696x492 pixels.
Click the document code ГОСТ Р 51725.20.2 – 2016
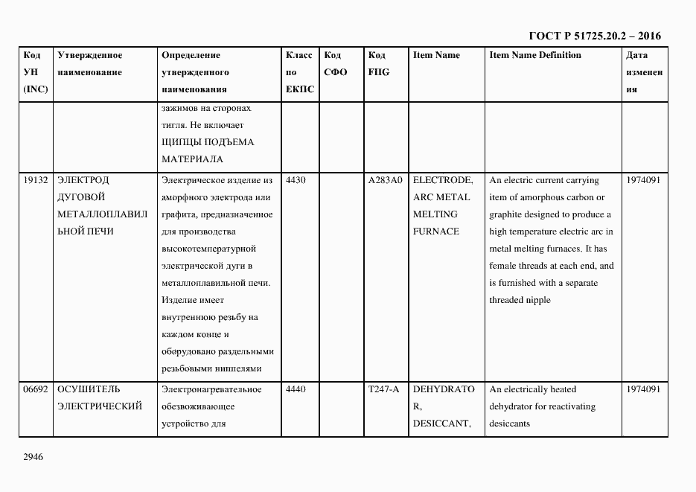[x=595, y=36]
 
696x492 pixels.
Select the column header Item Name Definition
[x=535, y=55]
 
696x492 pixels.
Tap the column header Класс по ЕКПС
[x=299, y=72]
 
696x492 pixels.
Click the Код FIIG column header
[x=379, y=64]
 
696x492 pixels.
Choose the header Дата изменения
[x=644, y=72]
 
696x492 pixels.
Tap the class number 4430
[x=296, y=180]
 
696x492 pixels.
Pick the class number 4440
[x=296, y=389]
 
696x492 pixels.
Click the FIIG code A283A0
[x=385, y=180]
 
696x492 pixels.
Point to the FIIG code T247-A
[x=383, y=389]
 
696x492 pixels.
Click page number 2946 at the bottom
[x=33, y=457]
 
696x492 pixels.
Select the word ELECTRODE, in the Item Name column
[x=442, y=180]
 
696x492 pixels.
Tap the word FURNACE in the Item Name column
[x=436, y=231]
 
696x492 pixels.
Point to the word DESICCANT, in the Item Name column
[x=441, y=424]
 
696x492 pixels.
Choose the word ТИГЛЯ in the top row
[x=175, y=125]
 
